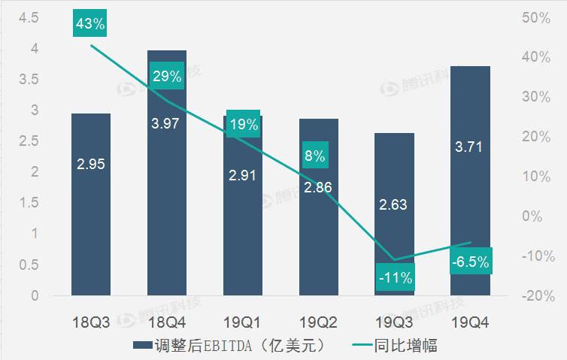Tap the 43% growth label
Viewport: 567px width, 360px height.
[90, 23]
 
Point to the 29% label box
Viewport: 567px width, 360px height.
[167, 76]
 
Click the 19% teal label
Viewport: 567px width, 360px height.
[242, 126]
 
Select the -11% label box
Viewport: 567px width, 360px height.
[394, 277]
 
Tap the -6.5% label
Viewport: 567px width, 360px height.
[471, 262]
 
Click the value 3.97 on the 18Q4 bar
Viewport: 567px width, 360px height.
[166, 123]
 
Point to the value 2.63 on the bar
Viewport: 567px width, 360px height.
[394, 205]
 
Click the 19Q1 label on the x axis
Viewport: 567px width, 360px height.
[242, 322]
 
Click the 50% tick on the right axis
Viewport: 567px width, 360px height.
[536, 17]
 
